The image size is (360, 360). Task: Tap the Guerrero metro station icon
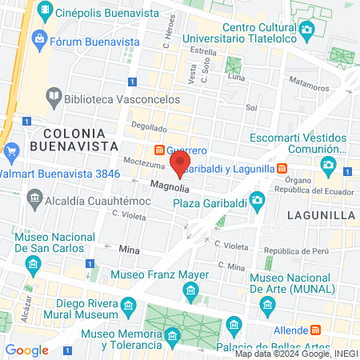159,150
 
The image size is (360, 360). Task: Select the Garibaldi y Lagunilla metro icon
282,168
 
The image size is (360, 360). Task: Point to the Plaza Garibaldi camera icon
257,199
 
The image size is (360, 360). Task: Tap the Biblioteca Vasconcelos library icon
54,98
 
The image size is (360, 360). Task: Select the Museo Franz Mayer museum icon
190,292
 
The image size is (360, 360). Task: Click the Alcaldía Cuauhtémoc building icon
34,197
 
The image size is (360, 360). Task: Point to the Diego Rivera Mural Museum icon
127,305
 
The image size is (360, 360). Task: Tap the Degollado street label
149,126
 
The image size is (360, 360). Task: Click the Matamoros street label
309,85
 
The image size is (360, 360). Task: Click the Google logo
26,350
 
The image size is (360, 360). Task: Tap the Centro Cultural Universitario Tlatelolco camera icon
307,30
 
